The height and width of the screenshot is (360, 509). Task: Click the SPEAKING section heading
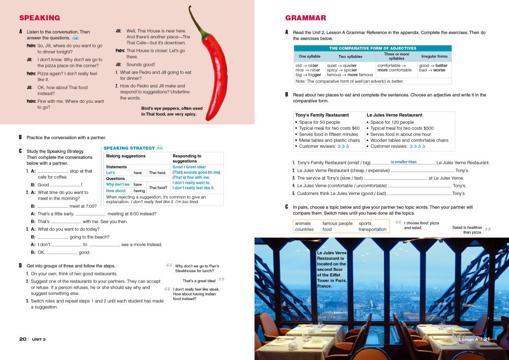point(39,18)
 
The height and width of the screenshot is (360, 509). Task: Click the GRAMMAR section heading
point(305,18)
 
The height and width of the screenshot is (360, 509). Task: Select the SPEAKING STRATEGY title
point(129,148)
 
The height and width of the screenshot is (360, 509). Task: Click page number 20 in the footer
point(23,339)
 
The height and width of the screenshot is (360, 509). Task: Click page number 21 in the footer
point(487,339)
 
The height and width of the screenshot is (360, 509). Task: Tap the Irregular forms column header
point(434,57)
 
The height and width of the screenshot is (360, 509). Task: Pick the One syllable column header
point(309,57)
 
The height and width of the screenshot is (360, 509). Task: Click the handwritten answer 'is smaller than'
point(404,162)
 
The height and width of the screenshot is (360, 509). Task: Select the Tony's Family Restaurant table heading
point(322,115)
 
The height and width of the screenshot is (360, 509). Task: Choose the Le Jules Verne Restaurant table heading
point(394,115)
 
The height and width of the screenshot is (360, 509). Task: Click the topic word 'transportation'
point(372,229)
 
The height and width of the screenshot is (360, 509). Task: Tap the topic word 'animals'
point(303,223)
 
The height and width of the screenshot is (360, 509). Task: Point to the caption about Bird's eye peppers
point(172,111)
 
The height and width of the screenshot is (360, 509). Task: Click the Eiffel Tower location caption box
point(332,269)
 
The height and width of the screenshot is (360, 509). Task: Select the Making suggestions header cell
point(126,156)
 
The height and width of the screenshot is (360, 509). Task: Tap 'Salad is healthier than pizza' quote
point(467,230)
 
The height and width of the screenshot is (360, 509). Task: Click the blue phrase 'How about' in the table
point(116,191)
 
